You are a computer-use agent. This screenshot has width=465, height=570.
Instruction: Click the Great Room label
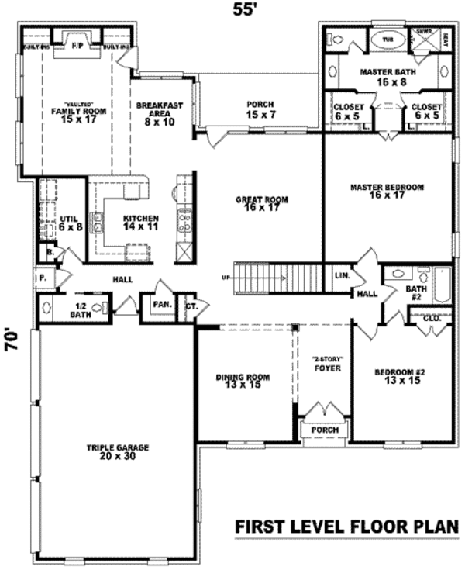point(262,203)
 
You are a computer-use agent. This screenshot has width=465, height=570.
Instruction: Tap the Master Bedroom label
point(387,191)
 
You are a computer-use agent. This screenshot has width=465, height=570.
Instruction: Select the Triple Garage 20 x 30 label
point(118,452)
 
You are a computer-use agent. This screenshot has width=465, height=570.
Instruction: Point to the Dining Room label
point(243,381)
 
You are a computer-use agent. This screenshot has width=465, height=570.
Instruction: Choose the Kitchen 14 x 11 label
point(140,223)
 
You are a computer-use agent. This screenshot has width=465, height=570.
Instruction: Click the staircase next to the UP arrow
point(279,277)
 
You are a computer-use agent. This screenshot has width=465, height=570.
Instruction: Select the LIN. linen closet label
point(343,275)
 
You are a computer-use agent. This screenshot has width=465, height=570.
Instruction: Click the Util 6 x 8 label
point(68,223)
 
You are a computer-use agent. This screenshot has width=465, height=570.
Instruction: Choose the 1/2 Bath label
point(80,309)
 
